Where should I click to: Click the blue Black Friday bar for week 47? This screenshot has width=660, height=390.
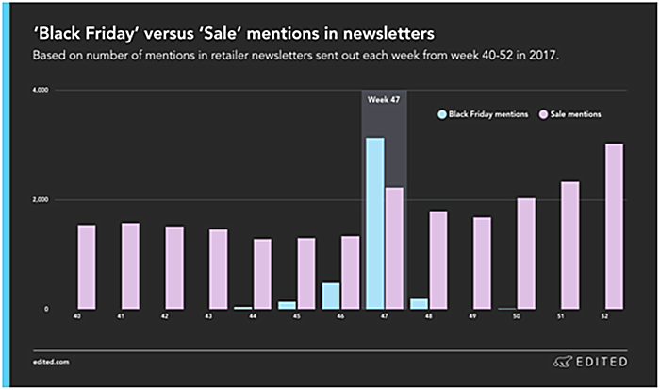pyautogui.click(x=374, y=224)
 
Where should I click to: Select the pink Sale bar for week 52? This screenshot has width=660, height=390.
pyautogui.click(x=613, y=227)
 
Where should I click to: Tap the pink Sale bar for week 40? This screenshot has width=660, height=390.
pyautogui.click(x=87, y=267)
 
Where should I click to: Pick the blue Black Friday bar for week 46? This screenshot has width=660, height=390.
pyautogui.click(x=330, y=296)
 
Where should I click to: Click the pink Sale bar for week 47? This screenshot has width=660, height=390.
pyautogui.click(x=394, y=248)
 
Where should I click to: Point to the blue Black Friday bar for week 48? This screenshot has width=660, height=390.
pyautogui.click(x=418, y=304)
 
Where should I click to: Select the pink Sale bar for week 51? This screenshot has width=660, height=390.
pyautogui.click(x=569, y=246)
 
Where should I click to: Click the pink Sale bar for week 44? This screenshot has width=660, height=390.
pyautogui.click(x=262, y=274)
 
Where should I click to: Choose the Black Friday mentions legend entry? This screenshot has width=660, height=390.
pyautogui.click(x=480, y=114)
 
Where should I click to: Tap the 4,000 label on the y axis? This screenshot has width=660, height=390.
pyautogui.click(x=41, y=91)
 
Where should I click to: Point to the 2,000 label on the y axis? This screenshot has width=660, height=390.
pyautogui.click(x=41, y=200)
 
